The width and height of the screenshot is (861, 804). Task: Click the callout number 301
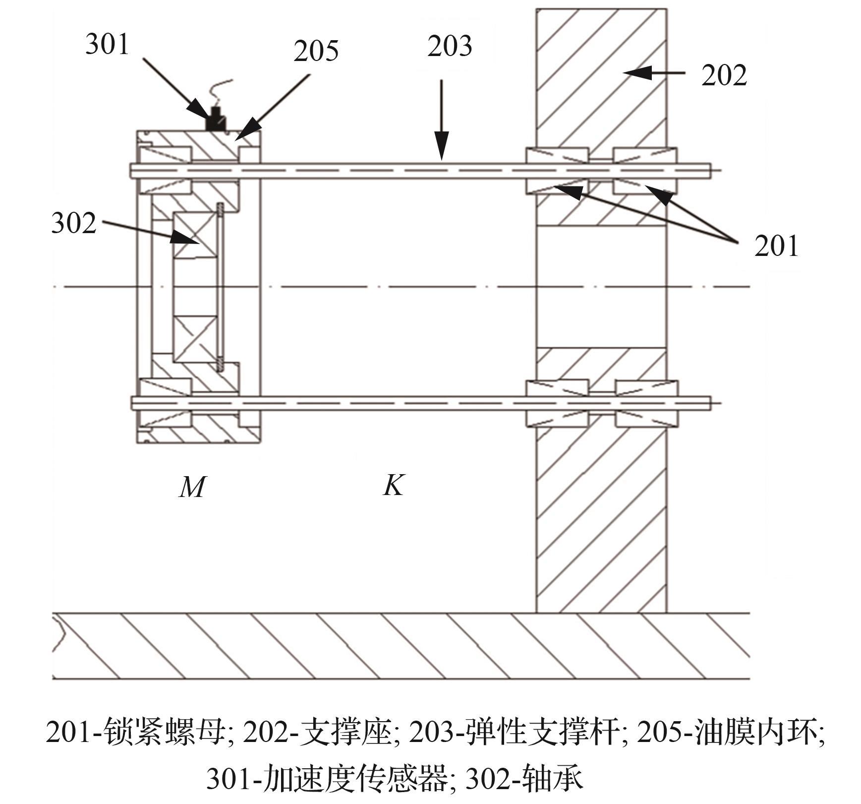(107, 44)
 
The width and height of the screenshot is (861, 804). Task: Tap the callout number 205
(316, 51)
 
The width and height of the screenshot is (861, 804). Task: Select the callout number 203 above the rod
(450, 46)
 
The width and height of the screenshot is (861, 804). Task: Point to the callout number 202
(724, 76)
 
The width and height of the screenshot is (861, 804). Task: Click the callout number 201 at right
(776, 246)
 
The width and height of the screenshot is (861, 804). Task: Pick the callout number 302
(73, 223)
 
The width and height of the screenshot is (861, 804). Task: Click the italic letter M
(192, 487)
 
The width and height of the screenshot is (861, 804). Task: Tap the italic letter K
(394, 485)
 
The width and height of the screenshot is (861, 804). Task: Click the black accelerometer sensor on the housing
(216, 120)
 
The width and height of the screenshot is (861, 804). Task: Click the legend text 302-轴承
(525, 779)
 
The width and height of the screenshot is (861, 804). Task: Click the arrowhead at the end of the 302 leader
(188, 239)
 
